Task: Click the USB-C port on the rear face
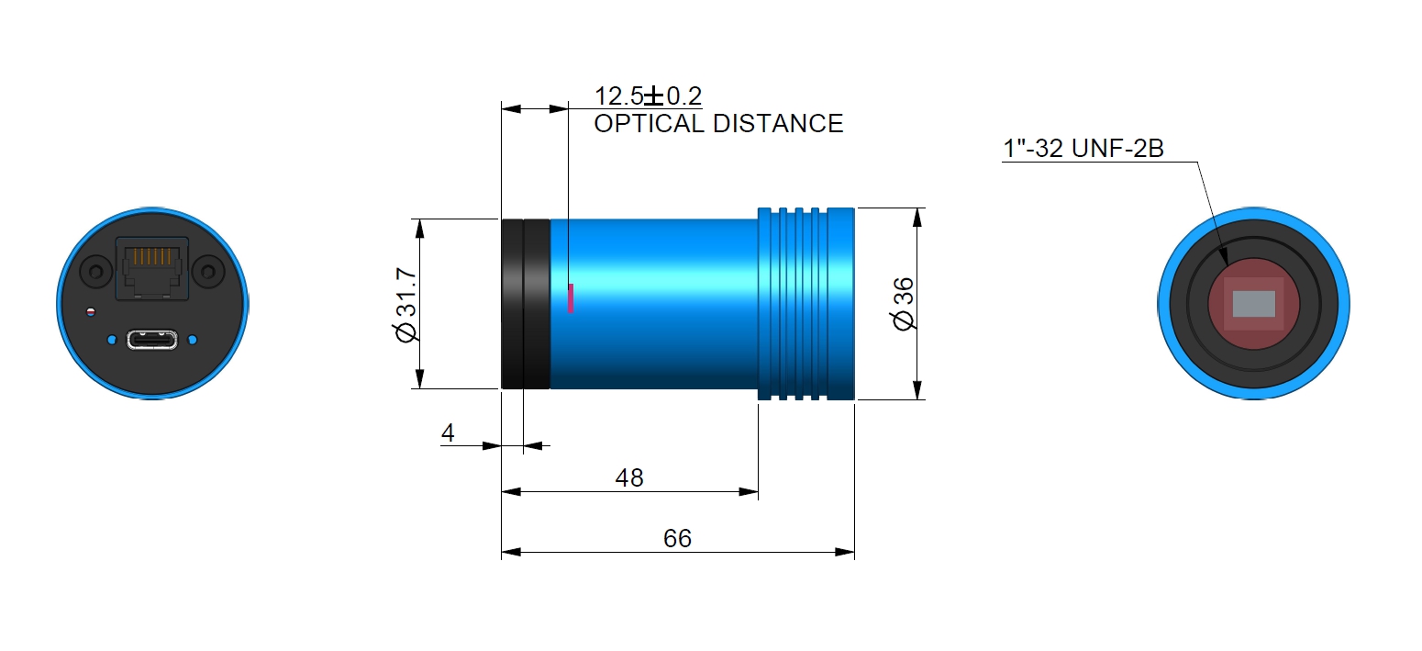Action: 152,340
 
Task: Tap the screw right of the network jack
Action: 211,272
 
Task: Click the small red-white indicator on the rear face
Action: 89,312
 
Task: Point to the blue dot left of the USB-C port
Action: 111,340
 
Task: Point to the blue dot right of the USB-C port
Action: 193,340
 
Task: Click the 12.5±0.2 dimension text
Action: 648,96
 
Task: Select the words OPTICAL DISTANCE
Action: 718,124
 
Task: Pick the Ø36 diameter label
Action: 904,305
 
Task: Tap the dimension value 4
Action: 448,433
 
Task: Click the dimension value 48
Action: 629,477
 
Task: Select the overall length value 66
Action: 677,539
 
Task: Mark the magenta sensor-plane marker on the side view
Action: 571,298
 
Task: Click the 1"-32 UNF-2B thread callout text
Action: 1083,149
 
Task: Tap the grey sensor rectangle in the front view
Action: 1253,304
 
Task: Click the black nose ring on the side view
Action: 525,304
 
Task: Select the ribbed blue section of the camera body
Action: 805,304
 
